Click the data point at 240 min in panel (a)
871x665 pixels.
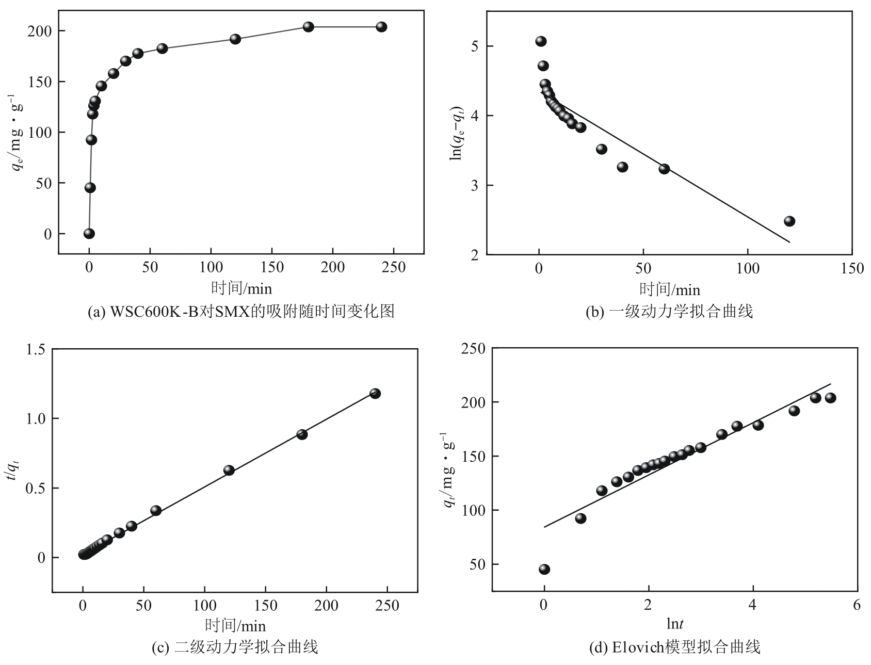tap(381, 27)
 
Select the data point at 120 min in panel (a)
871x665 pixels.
tap(235, 39)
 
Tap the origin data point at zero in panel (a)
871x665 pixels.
tap(89, 234)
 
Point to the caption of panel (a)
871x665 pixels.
tap(241, 312)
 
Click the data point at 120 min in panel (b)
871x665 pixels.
tap(789, 221)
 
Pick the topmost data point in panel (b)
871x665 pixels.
tap(541, 41)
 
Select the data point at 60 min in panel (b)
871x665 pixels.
tap(664, 169)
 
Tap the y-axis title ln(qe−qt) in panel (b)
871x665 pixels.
tap(456, 133)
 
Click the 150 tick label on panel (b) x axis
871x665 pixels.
tap(851, 268)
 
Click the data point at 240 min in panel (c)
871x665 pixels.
tap(375, 394)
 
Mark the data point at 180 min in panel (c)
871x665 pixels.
tap(302, 434)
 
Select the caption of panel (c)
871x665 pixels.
tap(234, 646)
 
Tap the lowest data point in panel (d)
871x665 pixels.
tap(544, 569)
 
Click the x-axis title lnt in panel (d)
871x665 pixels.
tap(674, 624)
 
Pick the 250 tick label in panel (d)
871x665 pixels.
tap(473, 349)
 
